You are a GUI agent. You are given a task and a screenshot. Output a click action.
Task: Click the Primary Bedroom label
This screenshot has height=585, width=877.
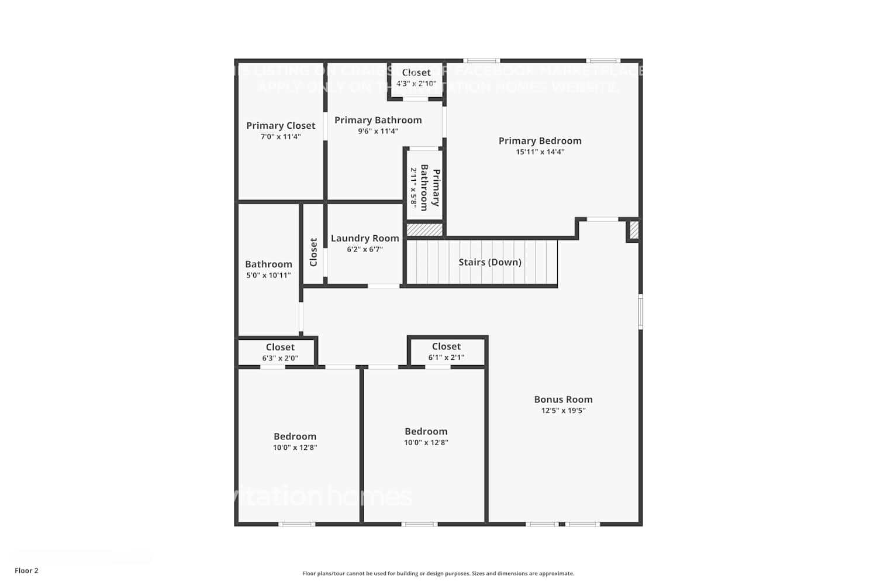coord(540,140)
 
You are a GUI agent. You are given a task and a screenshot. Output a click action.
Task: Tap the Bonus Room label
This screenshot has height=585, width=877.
coord(563,400)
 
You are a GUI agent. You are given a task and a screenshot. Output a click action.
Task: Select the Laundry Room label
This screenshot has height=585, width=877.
coord(365,238)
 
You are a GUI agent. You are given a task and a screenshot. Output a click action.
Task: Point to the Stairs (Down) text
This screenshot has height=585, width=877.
coord(490,262)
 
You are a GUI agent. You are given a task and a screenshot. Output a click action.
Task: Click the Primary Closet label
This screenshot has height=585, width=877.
coord(281,126)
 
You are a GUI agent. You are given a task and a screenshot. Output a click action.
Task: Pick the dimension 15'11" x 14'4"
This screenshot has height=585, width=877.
coord(540,152)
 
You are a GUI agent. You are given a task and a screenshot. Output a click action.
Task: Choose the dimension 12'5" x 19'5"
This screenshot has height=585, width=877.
coord(563,411)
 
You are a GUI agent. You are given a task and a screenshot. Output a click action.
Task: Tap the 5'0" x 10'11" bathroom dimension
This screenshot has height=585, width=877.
coord(268,276)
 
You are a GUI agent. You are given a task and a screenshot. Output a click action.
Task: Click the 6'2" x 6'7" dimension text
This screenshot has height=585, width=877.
coord(365,249)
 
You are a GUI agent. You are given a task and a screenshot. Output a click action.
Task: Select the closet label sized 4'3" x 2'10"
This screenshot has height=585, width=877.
coord(416,73)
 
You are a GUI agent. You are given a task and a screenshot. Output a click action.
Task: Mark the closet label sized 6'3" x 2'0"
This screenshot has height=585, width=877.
coord(280,347)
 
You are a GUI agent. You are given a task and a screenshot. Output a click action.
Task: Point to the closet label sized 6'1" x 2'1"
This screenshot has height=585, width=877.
coord(446,346)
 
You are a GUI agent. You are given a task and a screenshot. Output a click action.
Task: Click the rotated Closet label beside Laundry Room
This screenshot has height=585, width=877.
coord(313,252)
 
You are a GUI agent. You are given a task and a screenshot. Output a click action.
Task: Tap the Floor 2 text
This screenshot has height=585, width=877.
coord(26,570)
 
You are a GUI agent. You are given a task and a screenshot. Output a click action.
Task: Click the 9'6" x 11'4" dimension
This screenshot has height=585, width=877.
coord(378,131)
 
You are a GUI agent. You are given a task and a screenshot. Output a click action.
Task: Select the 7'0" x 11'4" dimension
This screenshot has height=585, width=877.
coord(281,137)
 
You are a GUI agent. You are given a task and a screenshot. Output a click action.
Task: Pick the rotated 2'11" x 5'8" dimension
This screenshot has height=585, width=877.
coord(413,188)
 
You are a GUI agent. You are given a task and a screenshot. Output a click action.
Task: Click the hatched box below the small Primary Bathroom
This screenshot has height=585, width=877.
coord(424,230)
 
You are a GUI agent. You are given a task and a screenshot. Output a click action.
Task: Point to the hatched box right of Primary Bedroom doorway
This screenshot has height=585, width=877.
coord(634,230)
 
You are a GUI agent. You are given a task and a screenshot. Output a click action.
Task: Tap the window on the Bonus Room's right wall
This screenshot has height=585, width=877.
coord(640,312)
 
